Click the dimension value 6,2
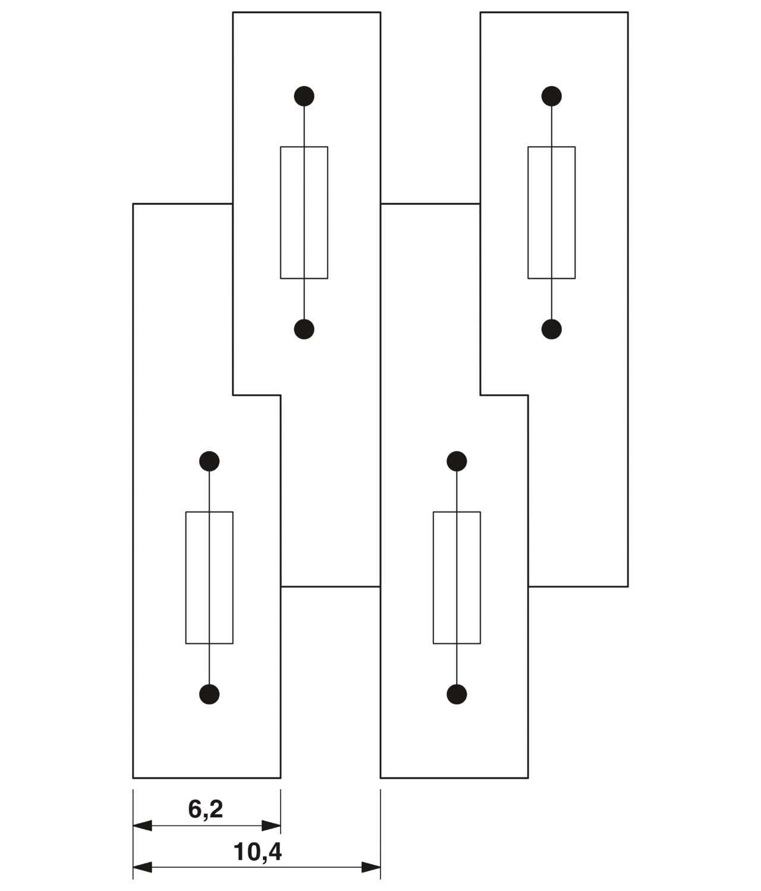coord(205,810)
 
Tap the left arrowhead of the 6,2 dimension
coord(142,826)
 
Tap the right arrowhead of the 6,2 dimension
coord(271,826)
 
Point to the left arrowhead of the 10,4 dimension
coord(142,867)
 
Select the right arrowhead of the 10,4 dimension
coord(371,867)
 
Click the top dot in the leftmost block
coord(209,461)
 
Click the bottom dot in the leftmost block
coord(209,694)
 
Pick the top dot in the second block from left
coord(304,96)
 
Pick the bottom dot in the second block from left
coord(304,329)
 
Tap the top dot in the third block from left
coord(457,461)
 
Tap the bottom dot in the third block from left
coord(457,694)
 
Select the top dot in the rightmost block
coord(552,96)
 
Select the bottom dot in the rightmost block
coord(552,329)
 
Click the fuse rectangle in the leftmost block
coord(209,577)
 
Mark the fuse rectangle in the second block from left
coord(304,213)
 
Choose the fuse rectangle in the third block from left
coord(457,577)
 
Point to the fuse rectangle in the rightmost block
coord(552,213)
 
